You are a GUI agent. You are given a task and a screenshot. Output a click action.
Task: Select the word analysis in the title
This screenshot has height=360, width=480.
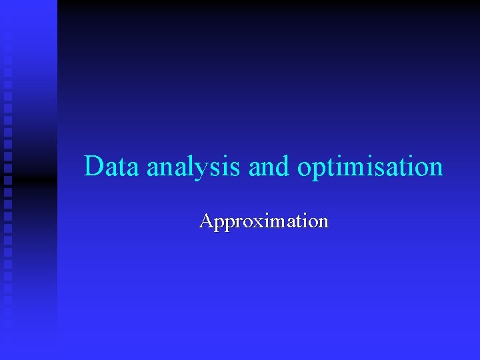194,167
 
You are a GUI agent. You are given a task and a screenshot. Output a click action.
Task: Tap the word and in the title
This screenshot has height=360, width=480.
270,166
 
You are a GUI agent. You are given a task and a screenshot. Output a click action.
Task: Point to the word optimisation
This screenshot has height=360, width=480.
370,167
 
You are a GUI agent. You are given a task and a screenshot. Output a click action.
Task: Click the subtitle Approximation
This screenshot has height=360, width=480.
264,221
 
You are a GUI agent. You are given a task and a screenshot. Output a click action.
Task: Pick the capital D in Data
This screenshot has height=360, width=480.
95,165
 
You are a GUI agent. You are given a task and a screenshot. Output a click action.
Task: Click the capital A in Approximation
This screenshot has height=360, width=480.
206,221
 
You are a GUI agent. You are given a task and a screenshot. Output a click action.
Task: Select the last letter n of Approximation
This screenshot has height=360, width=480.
323,222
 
